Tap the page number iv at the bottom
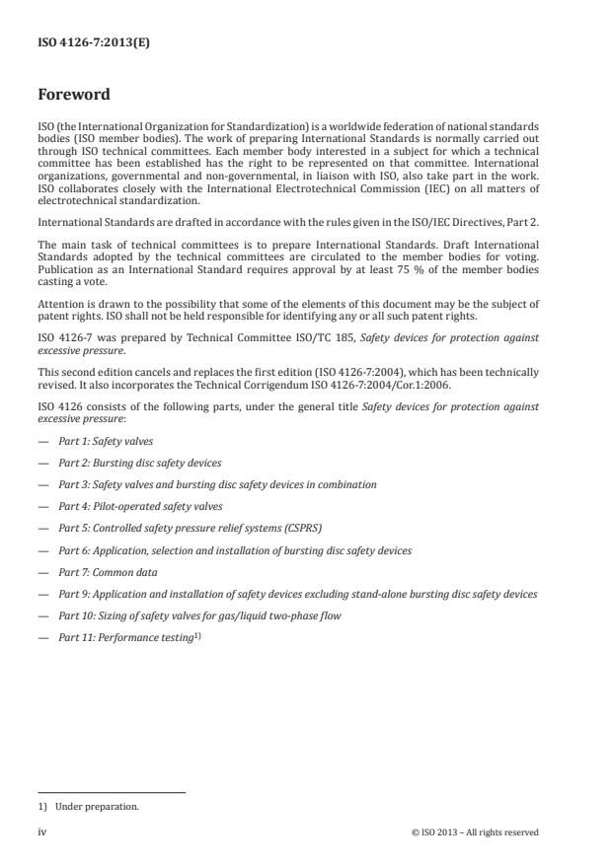41,832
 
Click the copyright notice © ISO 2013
475,832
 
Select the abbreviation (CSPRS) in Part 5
300,529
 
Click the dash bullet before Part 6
42,550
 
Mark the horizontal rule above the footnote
112,792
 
